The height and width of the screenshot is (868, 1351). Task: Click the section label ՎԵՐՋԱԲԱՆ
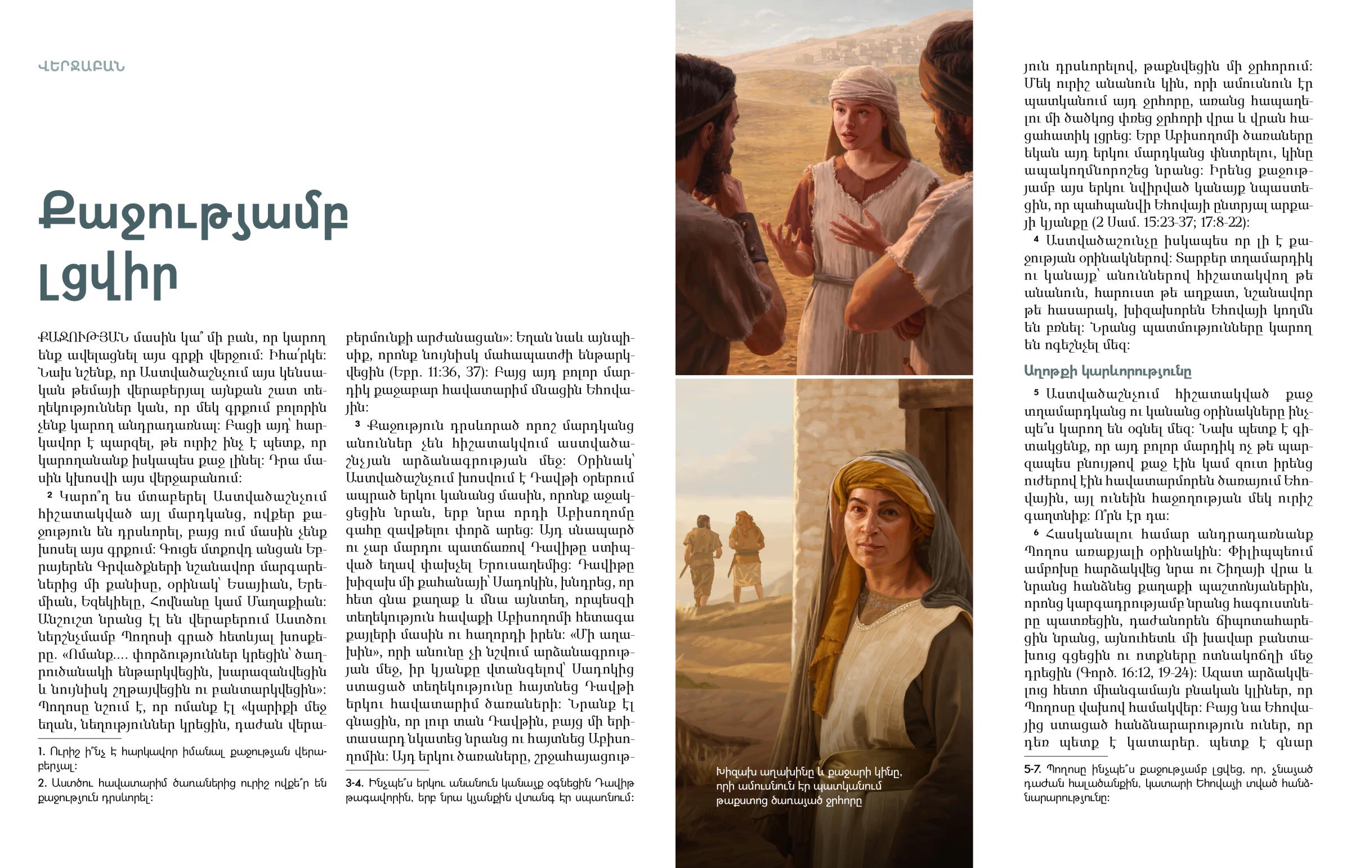(81, 66)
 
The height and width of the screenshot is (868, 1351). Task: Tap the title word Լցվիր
(108, 278)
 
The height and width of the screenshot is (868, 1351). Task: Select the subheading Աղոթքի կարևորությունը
(1107, 371)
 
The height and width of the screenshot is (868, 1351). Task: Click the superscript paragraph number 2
(50, 495)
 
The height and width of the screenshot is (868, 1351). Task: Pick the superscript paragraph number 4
(1036, 240)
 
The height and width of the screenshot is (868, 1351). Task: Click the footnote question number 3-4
(355, 783)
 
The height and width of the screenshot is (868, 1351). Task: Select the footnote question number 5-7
(1034, 769)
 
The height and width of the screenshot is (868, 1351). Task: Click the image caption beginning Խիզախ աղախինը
(808, 786)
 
